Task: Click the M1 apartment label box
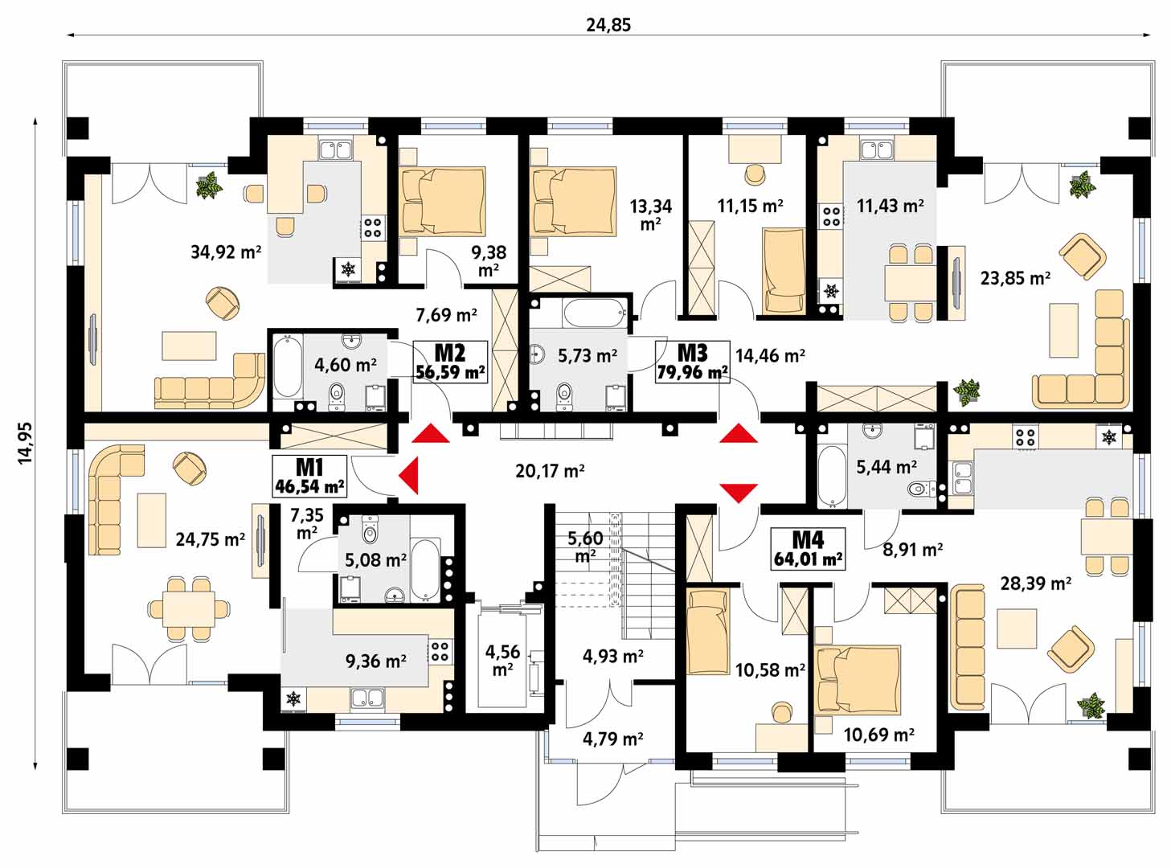pos(309,477)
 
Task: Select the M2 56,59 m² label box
pos(450,362)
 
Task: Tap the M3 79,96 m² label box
pos(692,362)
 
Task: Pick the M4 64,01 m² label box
pos(808,549)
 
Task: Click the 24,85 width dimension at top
pos(608,25)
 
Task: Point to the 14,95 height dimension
pos(26,443)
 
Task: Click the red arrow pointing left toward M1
pos(408,476)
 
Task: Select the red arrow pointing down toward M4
pos(739,493)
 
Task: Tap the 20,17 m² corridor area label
pos(550,470)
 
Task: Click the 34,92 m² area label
pos(226,252)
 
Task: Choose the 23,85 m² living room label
pos(1015,278)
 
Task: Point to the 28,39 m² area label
pos(1036,583)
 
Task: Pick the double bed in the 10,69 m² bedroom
pos(858,680)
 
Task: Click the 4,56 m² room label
pos(502,660)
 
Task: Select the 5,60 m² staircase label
pos(585,547)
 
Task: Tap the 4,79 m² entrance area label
pos(612,739)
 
